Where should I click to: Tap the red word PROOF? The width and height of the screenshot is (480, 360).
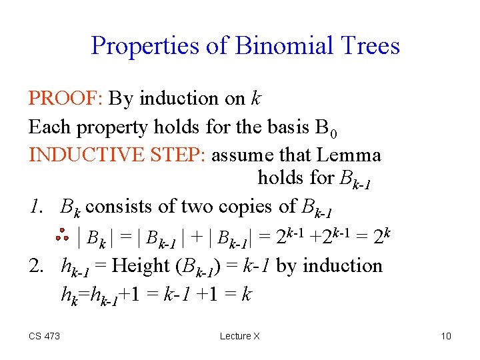click(65, 99)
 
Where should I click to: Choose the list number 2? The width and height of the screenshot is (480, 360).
click(37, 265)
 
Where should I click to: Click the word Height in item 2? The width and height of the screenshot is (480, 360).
click(139, 265)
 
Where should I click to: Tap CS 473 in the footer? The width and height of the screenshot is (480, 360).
click(44, 336)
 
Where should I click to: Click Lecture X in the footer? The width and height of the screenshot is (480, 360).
click(240, 336)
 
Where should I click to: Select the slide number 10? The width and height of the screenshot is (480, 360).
click(446, 336)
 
